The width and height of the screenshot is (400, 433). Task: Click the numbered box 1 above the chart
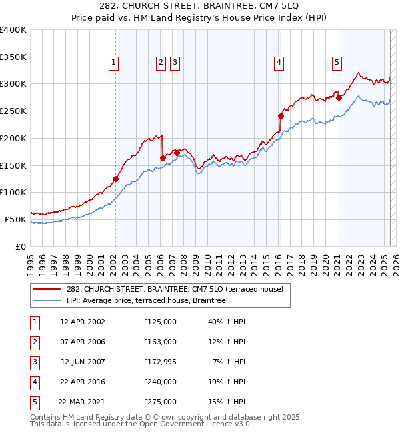click(115, 63)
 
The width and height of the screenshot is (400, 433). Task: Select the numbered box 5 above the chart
click(337, 63)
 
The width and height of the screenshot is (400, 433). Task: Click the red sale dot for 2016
click(281, 116)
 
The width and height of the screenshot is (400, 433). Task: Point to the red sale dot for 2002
click(115, 179)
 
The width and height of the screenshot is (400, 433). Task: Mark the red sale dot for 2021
click(339, 97)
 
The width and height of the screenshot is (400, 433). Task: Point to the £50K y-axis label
click(15, 219)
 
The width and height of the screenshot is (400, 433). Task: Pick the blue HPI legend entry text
click(146, 301)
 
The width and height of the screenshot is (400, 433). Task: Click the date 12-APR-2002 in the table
click(83, 322)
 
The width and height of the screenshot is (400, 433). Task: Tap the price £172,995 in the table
click(160, 362)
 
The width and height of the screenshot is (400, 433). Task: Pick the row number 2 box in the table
click(33, 342)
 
